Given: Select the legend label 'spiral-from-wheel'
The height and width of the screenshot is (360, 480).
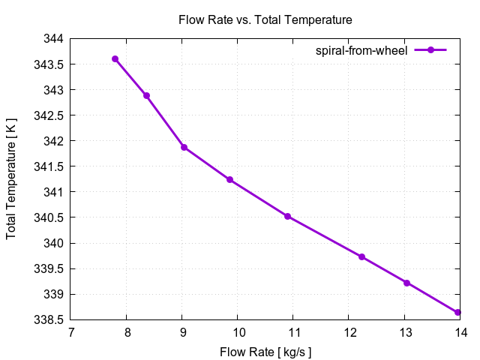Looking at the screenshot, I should coord(361,50).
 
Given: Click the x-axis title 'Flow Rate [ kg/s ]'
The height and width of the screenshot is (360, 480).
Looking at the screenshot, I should coord(265,352).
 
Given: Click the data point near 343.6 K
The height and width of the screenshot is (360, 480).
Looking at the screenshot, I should coord(115,58).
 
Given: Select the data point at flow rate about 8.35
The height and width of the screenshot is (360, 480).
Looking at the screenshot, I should coord(147,96).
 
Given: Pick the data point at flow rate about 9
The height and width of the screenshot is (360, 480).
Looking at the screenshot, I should coord(184,147).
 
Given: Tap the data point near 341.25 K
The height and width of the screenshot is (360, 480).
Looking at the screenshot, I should coord(229,180).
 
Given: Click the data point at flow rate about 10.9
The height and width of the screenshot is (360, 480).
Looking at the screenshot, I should coord(287,217).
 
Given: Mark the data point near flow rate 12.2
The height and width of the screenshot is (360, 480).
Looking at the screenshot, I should coord(361,257).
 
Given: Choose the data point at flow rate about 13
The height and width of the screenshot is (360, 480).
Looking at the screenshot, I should coord(406,283).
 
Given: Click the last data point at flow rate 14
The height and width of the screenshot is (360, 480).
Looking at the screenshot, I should coord(457,312).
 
